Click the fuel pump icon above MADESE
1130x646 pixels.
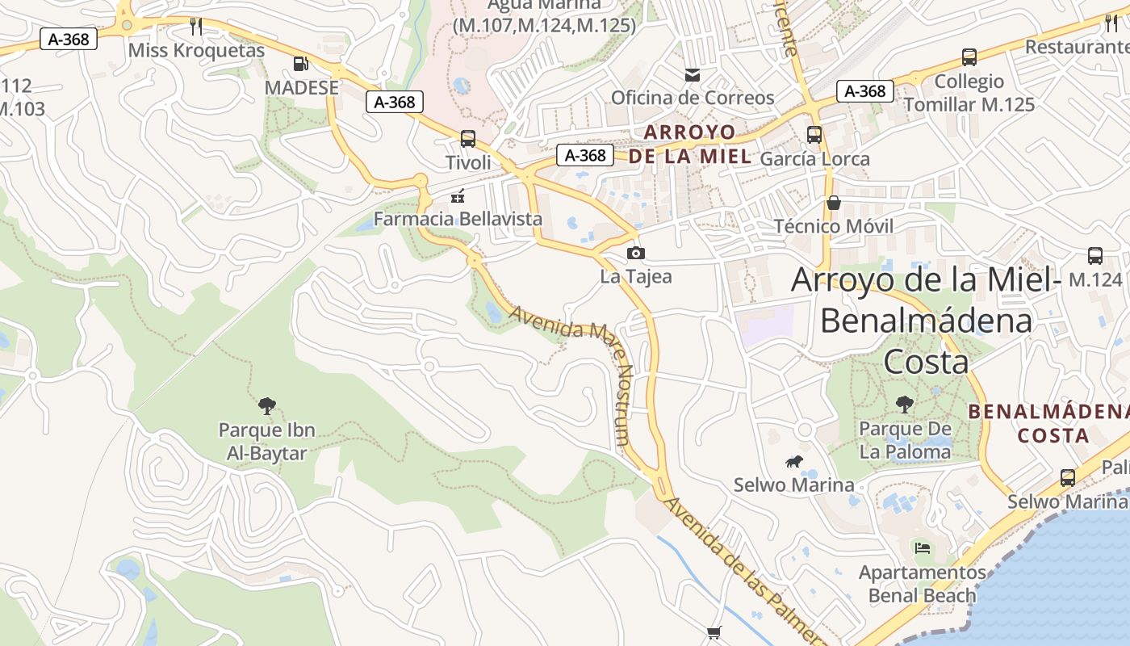300,63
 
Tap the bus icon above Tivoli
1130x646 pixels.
468,138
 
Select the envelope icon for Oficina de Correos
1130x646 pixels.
693,75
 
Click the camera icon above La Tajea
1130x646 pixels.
636,253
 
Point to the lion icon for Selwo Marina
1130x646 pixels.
794,462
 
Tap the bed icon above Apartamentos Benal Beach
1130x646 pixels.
923,548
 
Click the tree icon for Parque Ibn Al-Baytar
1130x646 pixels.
266,405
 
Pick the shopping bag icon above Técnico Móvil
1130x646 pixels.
834,202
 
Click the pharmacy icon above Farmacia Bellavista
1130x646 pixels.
458,195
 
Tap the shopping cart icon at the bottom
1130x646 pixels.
714,632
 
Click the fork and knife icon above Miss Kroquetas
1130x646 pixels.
196,26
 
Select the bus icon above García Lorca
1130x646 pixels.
814,135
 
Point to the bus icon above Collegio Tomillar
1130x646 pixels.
969,57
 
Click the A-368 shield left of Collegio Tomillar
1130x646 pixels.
865,91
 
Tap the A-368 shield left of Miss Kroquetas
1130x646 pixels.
69,38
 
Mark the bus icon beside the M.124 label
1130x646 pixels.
1095,256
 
